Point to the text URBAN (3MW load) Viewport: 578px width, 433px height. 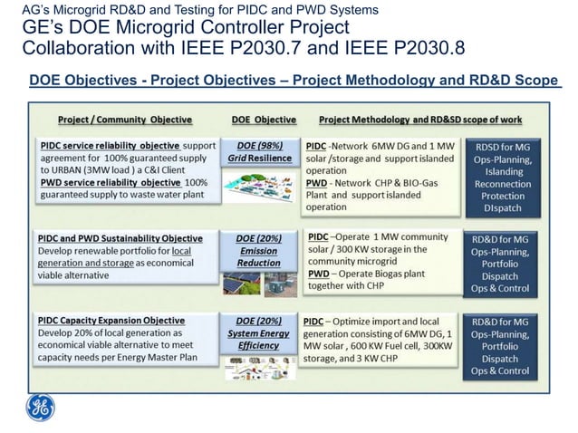[84, 168]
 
